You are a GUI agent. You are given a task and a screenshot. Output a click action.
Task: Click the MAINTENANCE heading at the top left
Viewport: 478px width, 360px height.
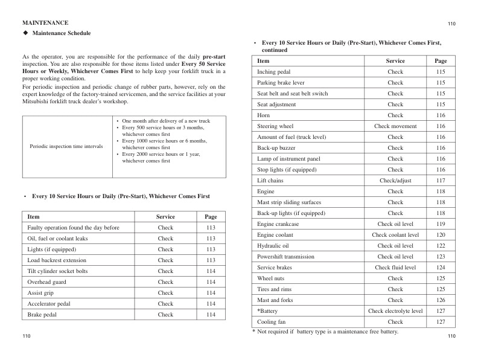click(x=45, y=22)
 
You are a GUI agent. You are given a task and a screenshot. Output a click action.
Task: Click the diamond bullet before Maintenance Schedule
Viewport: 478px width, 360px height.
click(x=25, y=33)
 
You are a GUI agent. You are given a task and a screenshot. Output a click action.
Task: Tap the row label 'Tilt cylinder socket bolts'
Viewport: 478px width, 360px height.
click(x=57, y=271)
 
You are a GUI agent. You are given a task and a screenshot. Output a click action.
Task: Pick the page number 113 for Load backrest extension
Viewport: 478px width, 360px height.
click(x=211, y=260)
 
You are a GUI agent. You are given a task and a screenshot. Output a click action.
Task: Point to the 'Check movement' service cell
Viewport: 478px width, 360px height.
click(x=395, y=126)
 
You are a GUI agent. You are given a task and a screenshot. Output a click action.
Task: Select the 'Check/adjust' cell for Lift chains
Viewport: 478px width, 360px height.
click(x=395, y=181)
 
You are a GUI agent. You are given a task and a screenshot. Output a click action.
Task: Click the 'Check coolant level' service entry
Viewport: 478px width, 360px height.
click(x=395, y=235)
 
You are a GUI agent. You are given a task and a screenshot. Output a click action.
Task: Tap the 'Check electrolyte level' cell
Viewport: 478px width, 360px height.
click(x=395, y=311)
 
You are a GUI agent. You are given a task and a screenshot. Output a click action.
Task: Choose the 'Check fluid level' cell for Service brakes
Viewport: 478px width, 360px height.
click(x=395, y=268)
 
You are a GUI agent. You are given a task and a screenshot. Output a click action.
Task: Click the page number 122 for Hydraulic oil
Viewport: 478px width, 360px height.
click(x=441, y=246)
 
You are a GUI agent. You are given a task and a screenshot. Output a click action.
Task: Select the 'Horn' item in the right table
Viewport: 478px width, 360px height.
click(x=263, y=115)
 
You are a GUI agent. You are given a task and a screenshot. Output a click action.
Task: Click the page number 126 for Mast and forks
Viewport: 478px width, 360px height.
click(x=441, y=300)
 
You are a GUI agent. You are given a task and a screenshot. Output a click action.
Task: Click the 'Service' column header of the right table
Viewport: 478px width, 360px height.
click(x=395, y=61)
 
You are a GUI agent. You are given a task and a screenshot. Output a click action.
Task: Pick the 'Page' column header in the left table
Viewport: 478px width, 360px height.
click(x=211, y=217)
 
